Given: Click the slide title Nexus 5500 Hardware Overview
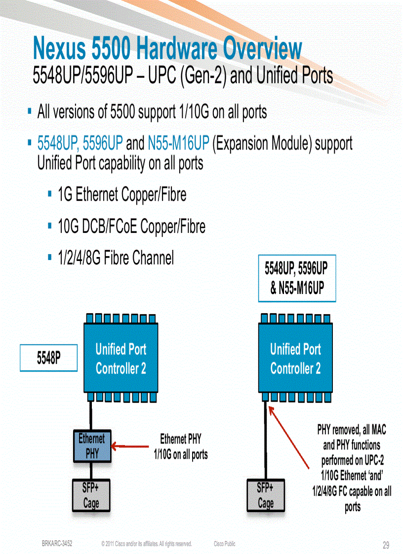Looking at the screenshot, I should [x=167, y=49].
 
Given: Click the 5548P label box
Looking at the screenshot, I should [x=48, y=358].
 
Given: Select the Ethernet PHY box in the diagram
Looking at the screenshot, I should [x=92, y=446].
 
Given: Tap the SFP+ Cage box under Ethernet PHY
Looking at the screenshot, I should [x=91, y=495].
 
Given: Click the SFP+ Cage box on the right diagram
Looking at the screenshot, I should [x=266, y=495].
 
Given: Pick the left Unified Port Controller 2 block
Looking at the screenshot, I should [x=121, y=359].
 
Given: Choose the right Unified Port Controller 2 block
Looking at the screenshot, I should [x=295, y=359].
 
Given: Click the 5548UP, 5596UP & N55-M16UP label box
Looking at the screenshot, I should [x=297, y=278].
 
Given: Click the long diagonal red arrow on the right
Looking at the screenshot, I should [x=291, y=441].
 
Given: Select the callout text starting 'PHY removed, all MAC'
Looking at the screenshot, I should [x=352, y=468].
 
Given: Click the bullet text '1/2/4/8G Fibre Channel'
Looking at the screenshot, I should [x=116, y=258].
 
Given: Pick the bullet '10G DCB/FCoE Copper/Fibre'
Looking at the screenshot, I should [x=131, y=227].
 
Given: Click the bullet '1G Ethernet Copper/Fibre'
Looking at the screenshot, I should [x=122, y=195].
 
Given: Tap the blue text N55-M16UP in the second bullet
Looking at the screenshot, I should [x=178, y=144].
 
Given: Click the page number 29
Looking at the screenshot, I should [x=386, y=545].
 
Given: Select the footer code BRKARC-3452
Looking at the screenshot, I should [x=57, y=543].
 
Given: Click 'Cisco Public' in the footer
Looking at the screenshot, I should [x=224, y=544].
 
